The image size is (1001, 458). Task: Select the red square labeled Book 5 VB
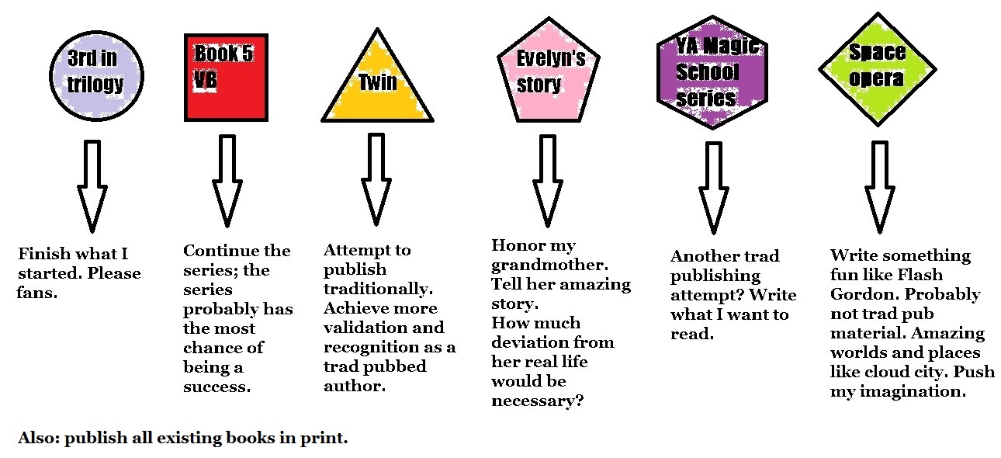(226, 78)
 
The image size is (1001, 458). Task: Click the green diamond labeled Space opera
(877, 68)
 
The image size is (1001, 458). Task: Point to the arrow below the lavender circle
(92, 186)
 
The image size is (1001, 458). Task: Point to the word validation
(362, 328)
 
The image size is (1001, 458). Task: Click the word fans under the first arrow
(36, 293)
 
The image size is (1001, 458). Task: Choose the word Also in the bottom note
(36, 437)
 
